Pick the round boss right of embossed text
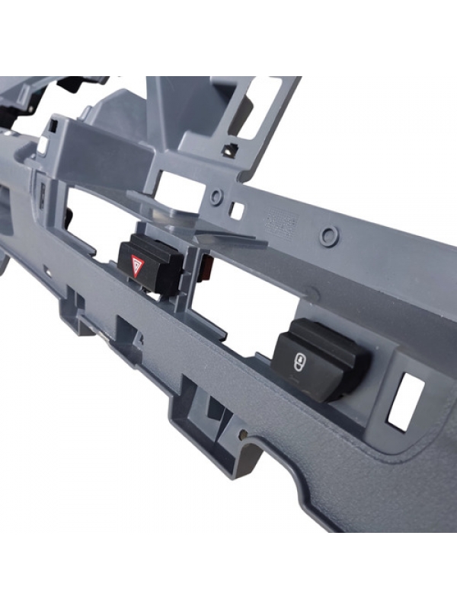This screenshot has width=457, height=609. click(328, 235)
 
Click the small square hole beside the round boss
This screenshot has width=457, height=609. click(238, 209)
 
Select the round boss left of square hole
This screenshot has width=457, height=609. click(217, 197)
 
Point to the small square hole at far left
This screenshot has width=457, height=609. click(43, 142)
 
